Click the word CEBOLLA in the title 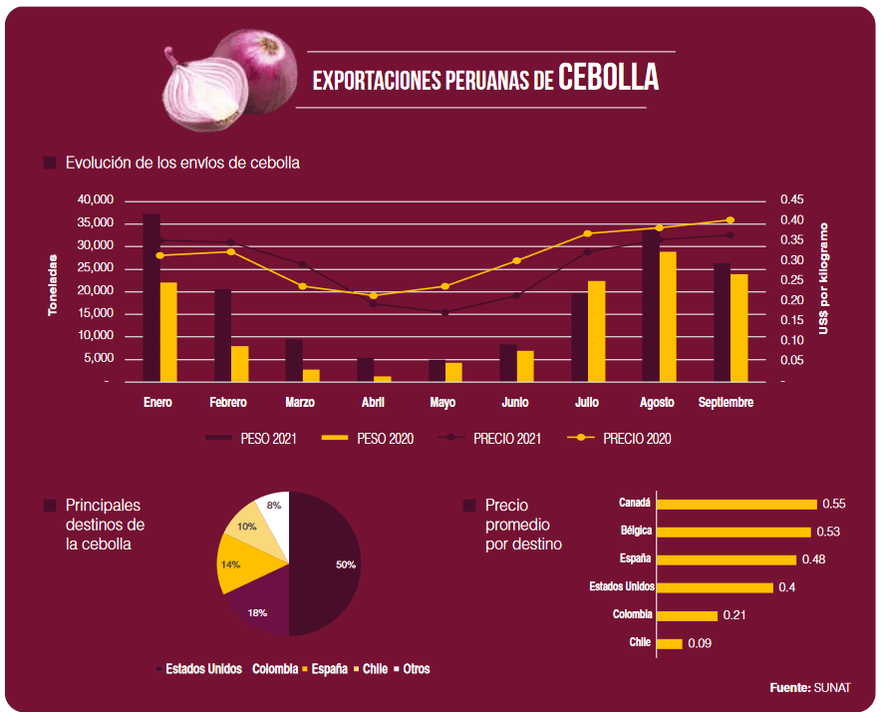[608, 77]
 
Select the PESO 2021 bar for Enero [151, 299]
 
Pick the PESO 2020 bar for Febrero [240, 364]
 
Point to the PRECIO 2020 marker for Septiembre [730, 220]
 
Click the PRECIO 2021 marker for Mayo [444, 312]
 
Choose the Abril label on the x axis [373, 403]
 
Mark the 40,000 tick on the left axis [96, 199]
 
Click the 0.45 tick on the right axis [791, 199]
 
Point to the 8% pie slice [273, 509]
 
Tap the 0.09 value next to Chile [700, 644]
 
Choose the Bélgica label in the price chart [635, 531]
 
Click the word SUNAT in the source [833, 688]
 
